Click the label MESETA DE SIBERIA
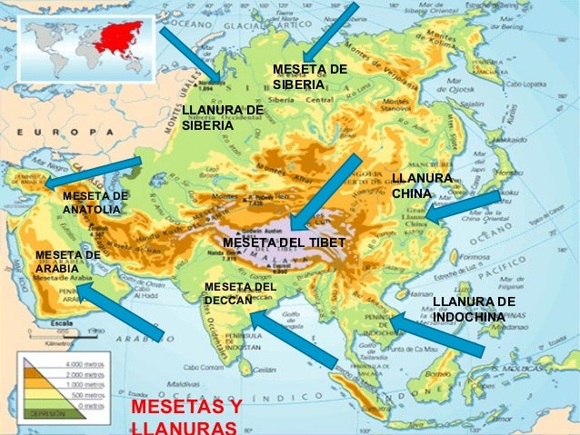310,77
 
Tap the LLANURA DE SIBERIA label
222,118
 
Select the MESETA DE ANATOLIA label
95,203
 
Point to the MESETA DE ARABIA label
67,262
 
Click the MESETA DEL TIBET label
284,243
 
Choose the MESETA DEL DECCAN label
240,294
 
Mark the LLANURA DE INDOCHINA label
474,309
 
